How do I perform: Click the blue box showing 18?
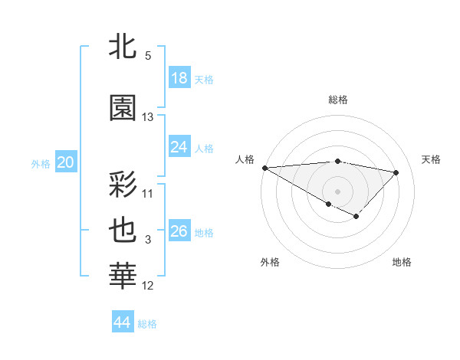click(179, 79)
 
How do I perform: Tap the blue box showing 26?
click(179, 231)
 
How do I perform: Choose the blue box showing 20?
click(66, 162)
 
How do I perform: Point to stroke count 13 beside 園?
click(148, 117)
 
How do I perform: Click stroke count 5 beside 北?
click(148, 56)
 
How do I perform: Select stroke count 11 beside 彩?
click(148, 193)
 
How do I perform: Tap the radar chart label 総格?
click(337, 100)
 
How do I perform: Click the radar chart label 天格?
click(431, 159)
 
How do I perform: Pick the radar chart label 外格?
click(270, 263)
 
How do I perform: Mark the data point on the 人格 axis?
click(264, 167)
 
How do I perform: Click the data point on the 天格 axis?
click(396, 172)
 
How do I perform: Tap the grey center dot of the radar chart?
click(337, 191)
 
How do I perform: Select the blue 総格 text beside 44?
click(147, 324)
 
